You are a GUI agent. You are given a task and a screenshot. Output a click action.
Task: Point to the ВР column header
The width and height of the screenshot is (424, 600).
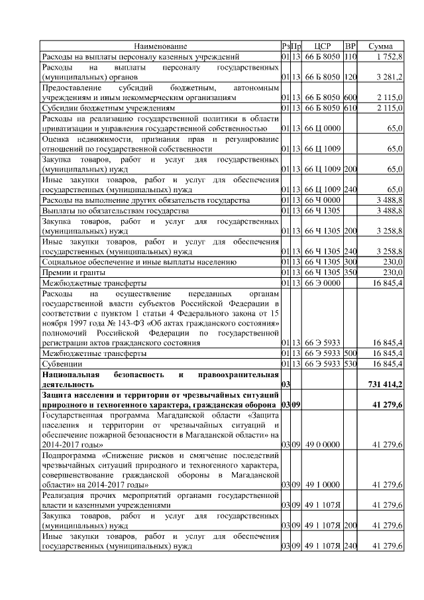[x=351, y=46]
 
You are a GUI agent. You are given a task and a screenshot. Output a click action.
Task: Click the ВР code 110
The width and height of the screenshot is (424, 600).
[x=350, y=57]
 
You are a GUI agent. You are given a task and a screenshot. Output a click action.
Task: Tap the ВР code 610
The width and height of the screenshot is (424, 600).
[x=350, y=108]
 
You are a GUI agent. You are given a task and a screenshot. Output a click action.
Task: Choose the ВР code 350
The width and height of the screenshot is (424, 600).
[x=350, y=272]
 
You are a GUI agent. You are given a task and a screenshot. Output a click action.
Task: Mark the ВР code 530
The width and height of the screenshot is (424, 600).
[x=350, y=364]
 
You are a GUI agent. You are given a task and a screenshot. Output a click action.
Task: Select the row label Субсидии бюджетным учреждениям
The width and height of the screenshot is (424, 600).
[x=109, y=108]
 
